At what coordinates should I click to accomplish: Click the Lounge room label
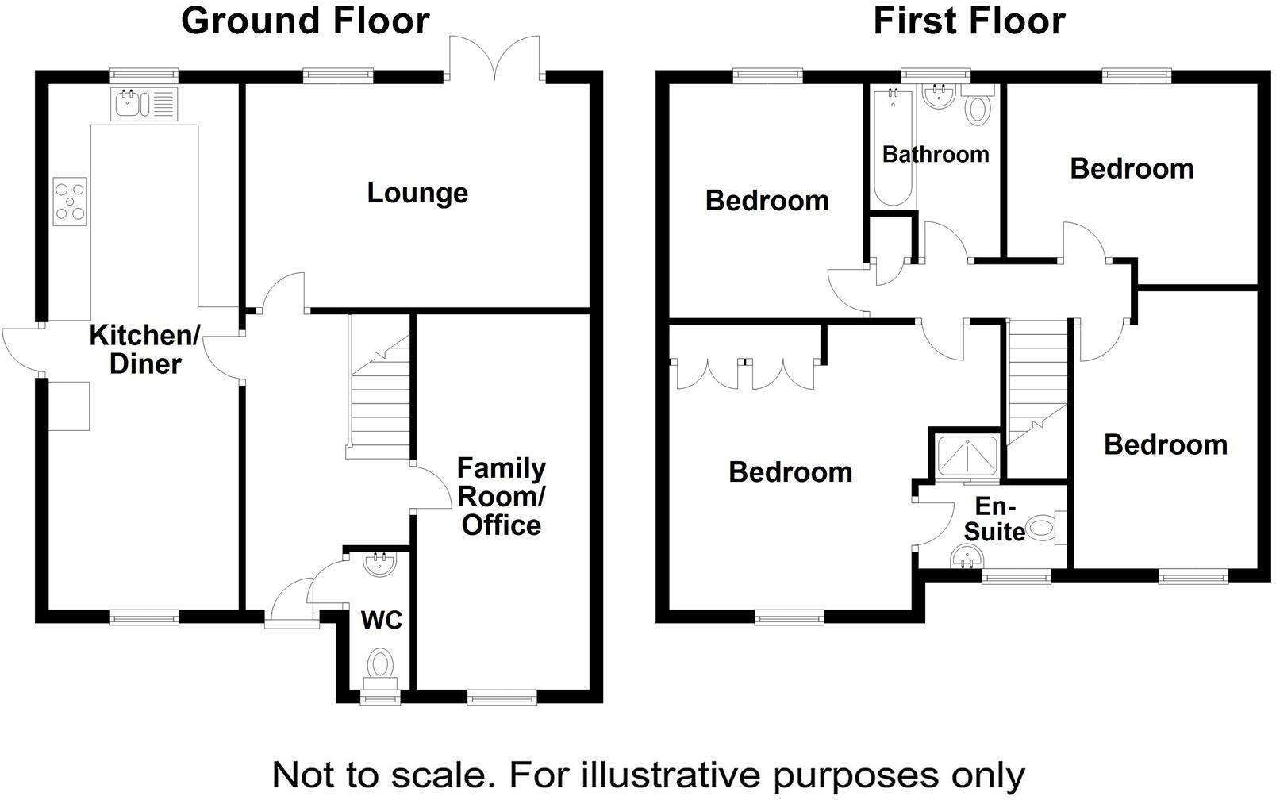click(417, 193)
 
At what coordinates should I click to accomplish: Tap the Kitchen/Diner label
click(144, 349)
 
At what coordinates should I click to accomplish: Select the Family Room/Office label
click(501, 496)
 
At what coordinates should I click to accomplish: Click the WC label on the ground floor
click(382, 620)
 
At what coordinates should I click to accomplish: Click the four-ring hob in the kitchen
click(70, 202)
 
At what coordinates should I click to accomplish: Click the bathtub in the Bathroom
click(893, 147)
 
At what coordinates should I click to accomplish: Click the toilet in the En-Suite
click(1046, 527)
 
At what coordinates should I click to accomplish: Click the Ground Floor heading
click(306, 21)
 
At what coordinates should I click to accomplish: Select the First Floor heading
click(969, 21)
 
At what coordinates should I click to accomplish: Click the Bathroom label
click(936, 154)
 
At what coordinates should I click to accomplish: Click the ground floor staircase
click(380, 389)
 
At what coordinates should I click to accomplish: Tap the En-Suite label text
click(994, 518)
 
